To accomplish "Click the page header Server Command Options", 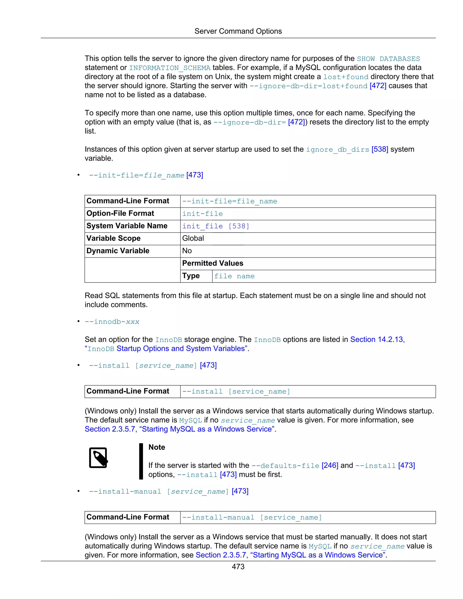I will point(238,31).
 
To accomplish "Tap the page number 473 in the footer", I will point(238,567).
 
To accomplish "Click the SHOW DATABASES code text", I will point(388,59).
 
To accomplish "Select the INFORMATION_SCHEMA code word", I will point(170,68).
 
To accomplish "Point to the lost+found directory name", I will point(345,77).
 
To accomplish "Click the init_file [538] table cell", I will point(216,226).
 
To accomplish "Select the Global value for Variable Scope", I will point(193,238).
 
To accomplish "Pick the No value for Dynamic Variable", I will point(187,251).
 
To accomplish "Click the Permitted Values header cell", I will point(213,263).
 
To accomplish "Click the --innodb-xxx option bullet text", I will point(112,322).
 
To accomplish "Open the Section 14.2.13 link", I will point(377,340).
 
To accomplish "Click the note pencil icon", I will point(98,458).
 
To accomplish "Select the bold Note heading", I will point(157,447).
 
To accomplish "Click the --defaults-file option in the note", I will point(285,466).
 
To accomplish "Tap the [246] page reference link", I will point(330,465).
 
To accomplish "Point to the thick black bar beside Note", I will point(141,461).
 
